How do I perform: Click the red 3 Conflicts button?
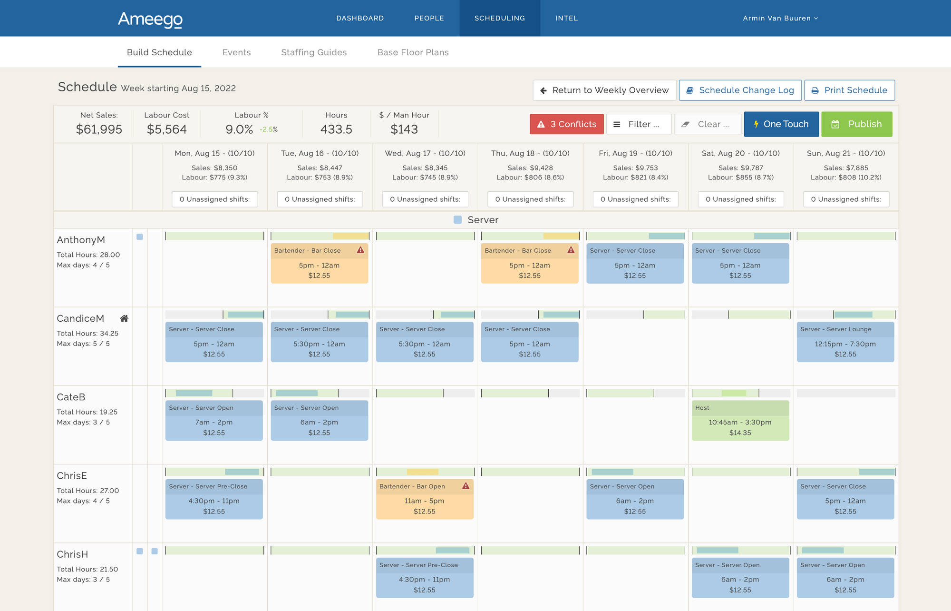pos(566,124)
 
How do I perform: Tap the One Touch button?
pos(781,124)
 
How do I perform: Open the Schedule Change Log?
pos(740,90)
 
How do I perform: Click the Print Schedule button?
pos(849,90)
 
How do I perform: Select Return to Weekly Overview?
pos(604,90)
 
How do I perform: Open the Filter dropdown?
pos(638,124)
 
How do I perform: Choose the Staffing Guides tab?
pos(314,52)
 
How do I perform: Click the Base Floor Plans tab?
pos(413,52)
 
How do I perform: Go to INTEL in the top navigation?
pos(566,18)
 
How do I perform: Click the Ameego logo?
pos(150,20)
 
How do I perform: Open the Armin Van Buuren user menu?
pos(780,18)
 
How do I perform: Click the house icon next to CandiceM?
pos(124,318)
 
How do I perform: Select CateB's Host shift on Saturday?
pos(740,421)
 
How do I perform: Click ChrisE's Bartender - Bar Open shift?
pos(424,499)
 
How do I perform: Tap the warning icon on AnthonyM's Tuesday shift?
pos(360,250)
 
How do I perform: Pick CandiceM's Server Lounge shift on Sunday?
pos(845,342)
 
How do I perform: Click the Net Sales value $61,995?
pos(99,129)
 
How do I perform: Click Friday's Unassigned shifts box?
pos(635,199)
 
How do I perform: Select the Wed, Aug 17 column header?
pos(425,153)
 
